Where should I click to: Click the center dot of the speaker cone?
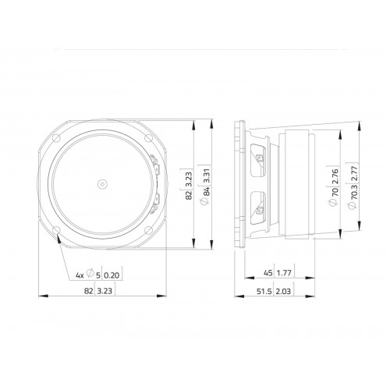tap(102, 184)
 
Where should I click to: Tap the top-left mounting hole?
tap(57, 138)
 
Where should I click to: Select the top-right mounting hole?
tap(148, 138)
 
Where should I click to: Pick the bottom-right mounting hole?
tap(148, 230)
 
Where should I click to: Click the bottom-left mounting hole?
tap(57, 230)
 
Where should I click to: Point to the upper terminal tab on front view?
tap(156, 165)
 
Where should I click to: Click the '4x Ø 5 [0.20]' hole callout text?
tap(99, 275)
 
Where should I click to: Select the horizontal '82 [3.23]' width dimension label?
tap(100, 291)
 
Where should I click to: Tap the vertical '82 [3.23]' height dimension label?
tap(189, 185)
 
